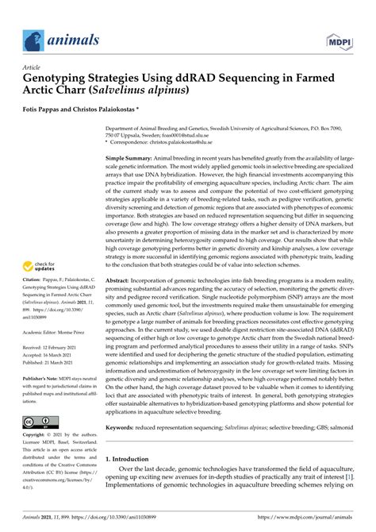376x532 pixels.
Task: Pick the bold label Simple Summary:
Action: click(x=131, y=158)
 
